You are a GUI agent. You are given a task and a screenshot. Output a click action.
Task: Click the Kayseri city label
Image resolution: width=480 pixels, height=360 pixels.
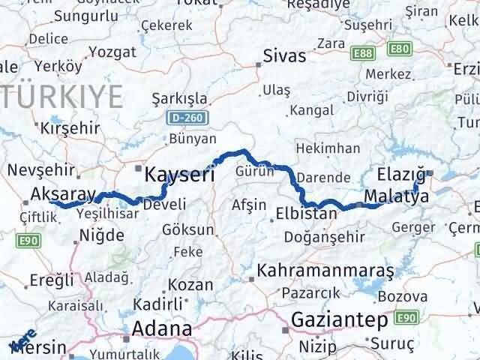[179, 175]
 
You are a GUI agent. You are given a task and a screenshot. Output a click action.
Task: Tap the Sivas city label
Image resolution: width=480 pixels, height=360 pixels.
[284, 56]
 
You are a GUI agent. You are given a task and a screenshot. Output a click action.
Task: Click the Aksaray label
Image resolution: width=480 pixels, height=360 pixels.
[64, 195]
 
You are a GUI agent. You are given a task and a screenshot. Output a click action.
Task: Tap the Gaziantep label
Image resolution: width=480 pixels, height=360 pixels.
[340, 319]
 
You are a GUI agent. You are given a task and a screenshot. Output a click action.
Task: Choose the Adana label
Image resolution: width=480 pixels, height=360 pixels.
[161, 328]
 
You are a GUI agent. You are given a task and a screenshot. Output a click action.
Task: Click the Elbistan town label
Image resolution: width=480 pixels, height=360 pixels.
[307, 212]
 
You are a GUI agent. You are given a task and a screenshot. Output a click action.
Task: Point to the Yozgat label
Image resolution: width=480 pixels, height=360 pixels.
[112, 52]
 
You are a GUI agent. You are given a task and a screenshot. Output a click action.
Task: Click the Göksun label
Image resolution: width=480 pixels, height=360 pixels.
[188, 229]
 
